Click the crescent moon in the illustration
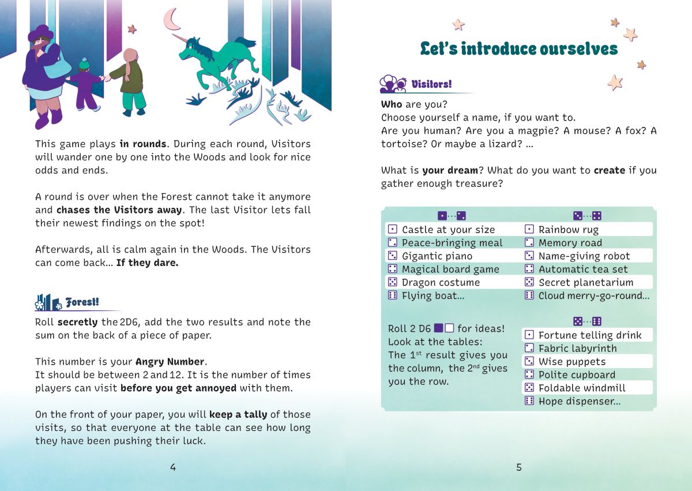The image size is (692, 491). tap(171, 20)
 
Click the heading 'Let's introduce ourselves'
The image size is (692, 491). tap(518, 49)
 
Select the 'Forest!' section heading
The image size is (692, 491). tap(82, 302)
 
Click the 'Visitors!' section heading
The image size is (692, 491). tap(431, 84)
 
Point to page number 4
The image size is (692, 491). tap(173, 467)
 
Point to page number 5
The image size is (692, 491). tap(519, 467)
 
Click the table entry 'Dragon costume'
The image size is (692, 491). tap(441, 282)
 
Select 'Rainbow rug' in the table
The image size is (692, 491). tap(568, 230)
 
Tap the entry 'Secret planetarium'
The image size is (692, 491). tap(586, 282)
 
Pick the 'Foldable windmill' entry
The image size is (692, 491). tap(582, 388)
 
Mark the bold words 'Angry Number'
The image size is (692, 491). tap(170, 362)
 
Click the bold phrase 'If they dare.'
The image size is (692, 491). tap(148, 263)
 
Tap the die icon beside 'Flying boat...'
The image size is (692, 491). tap(392, 295)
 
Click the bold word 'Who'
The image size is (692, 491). tap(392, 104)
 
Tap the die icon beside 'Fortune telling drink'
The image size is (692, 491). tap(529, 335)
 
